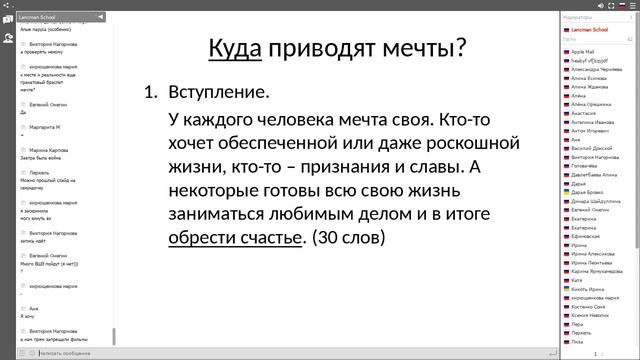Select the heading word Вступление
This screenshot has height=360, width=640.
point(219,93)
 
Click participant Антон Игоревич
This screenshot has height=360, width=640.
point(593,131)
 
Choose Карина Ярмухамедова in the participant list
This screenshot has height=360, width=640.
point(604,271)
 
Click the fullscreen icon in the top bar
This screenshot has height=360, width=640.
point(632,5)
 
